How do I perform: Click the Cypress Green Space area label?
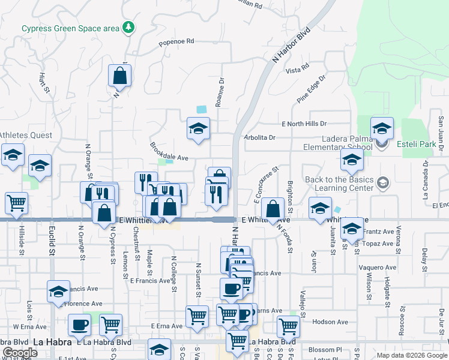[x=70, y=28]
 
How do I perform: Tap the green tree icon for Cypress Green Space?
[x=128, y=27]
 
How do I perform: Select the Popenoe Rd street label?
[x=176, y=42]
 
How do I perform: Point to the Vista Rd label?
[x=297, y=70]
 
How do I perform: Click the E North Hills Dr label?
[x=304, y=124]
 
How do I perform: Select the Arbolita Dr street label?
[x=259, y=137]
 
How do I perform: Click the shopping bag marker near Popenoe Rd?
[x=120, y=76]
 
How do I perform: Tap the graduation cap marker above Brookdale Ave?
[x=198, y=129]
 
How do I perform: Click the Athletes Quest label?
[x=25, y=135]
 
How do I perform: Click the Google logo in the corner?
[x=20, y=353]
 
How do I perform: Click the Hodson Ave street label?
[x=330, y=322]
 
